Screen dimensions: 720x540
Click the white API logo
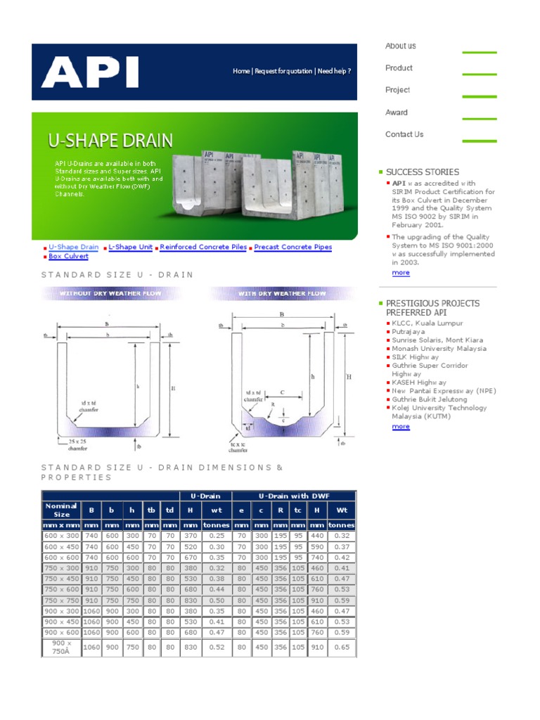89,72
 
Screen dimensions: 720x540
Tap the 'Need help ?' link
334,72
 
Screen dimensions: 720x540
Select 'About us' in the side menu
400,46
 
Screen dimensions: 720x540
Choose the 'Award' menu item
396,112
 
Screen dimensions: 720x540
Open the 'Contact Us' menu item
404,134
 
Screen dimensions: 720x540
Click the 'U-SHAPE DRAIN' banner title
110,140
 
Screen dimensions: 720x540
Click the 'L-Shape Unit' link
131,247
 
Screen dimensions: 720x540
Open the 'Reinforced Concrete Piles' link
203,247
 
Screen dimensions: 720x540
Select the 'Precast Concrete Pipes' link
292,247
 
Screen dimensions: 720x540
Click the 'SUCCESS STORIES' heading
422,172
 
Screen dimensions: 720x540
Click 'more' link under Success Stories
401,273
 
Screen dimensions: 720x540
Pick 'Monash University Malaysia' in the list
439,349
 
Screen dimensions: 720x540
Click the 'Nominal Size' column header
60,510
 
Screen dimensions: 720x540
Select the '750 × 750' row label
60,600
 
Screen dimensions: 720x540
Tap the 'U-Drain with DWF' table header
293,496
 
